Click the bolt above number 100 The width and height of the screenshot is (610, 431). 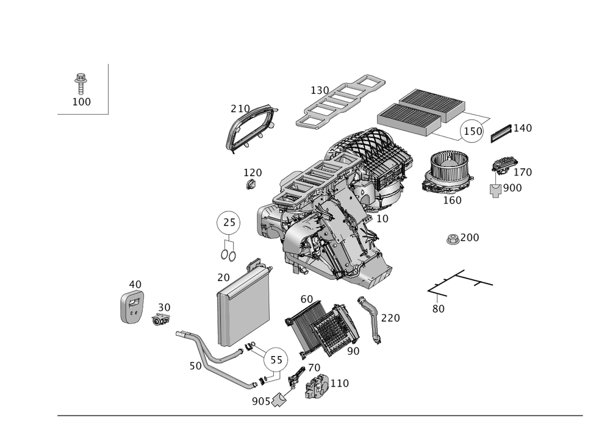pos(81,83)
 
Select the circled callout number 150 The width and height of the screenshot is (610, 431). pos(472,131)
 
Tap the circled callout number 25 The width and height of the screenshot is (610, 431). pos(228,223)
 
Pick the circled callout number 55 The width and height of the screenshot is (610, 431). pos(276,360)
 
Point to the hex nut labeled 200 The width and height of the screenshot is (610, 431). pos(453,240)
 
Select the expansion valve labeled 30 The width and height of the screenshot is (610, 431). pos(161,319)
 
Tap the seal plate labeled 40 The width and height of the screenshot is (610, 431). pos(132,307)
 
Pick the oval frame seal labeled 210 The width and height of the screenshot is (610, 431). pos(252,128)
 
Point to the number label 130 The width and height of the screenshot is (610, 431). pos(320,91)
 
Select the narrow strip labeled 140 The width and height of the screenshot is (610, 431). pos(501,134)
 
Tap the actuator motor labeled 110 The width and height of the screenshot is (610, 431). pos(317,386)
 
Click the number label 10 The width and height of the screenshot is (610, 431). pos(382,219)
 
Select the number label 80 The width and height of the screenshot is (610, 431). pos(438,308)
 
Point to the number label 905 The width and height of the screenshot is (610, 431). pos(260,401)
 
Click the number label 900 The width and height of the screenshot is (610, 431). pos(512,188)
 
